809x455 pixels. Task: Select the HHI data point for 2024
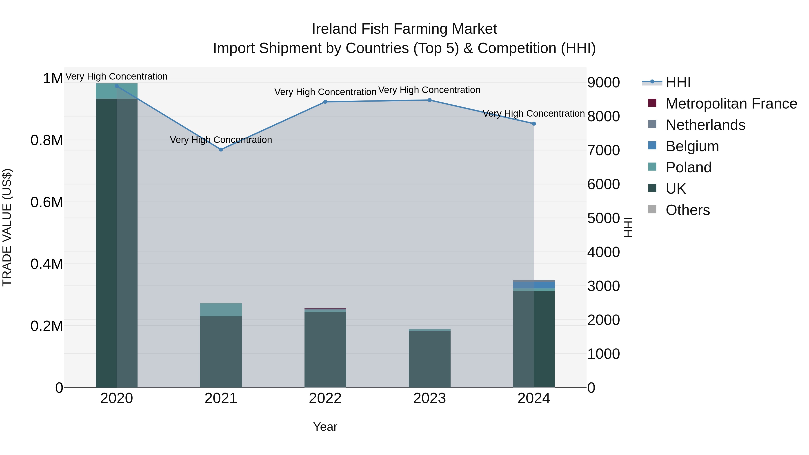[533, 124]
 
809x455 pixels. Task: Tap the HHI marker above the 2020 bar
[116, 86]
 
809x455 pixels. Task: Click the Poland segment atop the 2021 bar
[221, 310]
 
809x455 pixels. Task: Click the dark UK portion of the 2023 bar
[429, 359]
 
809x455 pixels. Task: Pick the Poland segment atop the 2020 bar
[116, 91]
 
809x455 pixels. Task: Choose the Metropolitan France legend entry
[731, 104]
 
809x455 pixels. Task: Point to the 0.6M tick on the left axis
[47, 202]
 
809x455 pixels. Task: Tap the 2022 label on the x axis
[325, 398]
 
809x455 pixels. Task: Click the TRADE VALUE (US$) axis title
[7, 227]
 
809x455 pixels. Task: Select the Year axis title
[325, 427]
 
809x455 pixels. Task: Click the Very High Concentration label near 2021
[221, 140]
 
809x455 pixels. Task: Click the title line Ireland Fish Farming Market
[404, 29]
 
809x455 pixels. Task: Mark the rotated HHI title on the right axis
[628, 227]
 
